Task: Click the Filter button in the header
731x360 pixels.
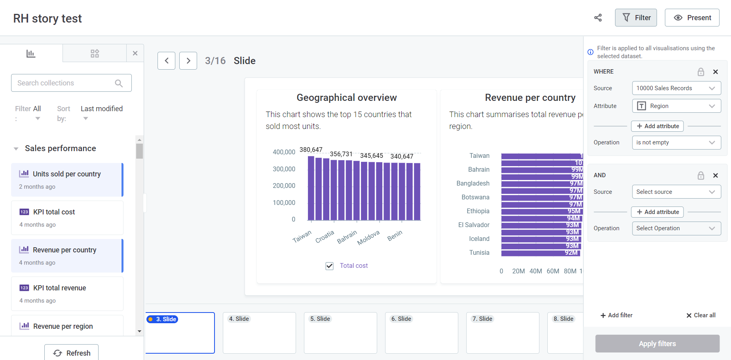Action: click(x=636, y=18)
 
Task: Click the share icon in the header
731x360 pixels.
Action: click(x=598, y=18)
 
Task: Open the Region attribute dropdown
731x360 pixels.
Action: click(x=676, y=106)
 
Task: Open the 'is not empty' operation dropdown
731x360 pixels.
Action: click(x=676, y=142)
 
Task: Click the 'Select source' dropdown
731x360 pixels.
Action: click(x=676, y=192)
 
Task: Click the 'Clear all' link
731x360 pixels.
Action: click(x=701, y=315)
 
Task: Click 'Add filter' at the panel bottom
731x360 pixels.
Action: click(x=616, y=315)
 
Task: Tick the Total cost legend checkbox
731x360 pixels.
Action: click(x=329, y=266)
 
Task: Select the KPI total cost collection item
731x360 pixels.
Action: click(x=67, y=218)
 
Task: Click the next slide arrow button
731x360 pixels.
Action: click(x=188, y=61)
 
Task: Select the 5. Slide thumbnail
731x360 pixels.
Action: click(x=340, y=333)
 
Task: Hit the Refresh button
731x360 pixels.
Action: click(x=72, y=353)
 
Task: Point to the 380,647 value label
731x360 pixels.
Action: click(x=311, y=150)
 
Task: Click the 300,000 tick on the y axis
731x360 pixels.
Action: click(x=284, y=169)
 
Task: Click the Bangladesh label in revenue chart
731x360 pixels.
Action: click(x=473, y=183)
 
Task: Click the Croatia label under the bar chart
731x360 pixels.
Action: click(x=325, y=237)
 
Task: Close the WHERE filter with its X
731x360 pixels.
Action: click(x=715, y=72)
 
